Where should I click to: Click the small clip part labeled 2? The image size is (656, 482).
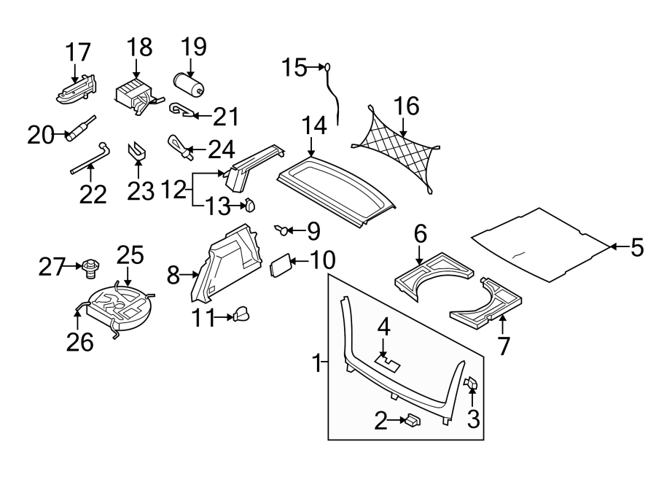pos(414,420)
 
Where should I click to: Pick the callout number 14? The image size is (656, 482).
pos(314,126)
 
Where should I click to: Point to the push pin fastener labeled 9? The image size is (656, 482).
pos(281,231)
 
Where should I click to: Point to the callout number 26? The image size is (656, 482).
pos(80,341)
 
